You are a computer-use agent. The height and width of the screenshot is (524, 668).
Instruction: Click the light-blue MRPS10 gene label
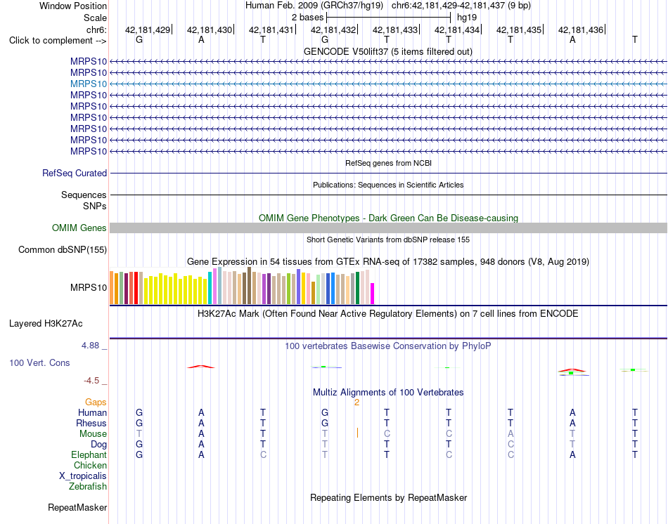tap(89, 84)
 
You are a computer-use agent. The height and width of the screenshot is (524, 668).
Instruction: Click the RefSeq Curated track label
tap(75, 173)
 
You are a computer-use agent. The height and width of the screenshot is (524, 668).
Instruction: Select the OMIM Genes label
tap(79, 228)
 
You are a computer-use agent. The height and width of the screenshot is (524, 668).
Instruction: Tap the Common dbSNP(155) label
tap(63, 250)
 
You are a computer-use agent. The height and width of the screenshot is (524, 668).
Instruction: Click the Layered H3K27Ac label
tap(46, 324)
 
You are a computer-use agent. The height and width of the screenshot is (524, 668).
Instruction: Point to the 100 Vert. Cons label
tap(39, 362)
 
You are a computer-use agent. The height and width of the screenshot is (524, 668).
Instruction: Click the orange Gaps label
tap(96, 402)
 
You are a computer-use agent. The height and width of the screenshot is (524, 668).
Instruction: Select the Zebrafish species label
tap(88, 487)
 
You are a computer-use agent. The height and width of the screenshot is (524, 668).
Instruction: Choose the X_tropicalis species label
tap(83, 476)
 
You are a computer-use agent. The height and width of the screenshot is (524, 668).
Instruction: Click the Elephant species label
tap(89, 455)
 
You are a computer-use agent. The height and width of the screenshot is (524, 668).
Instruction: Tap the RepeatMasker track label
tap(77, 507)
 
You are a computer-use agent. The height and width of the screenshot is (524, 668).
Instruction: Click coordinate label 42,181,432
tap(333, 30)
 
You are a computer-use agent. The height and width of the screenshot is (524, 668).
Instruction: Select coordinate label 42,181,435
tap(519, 30)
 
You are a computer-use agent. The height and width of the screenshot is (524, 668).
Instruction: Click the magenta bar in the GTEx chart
tap(373, 294)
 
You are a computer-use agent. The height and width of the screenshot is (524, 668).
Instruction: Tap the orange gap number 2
tap(357, 402)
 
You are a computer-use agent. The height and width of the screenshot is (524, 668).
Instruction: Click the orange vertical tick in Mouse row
tap(357, 433)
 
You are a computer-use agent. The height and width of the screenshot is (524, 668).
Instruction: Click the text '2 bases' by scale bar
tap(307, 18)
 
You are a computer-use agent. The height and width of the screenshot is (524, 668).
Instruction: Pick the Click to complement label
tap(58, 41)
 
